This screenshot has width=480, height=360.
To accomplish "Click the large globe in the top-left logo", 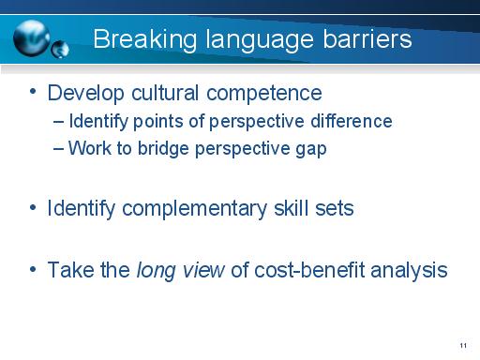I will pos(34,35).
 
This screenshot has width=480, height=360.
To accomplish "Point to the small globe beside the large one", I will pos(63,48).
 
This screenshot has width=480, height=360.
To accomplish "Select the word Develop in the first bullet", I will pos(87,94).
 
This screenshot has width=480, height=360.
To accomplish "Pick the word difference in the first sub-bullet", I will pos(352,122).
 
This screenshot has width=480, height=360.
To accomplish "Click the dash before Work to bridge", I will pos(61,149).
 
